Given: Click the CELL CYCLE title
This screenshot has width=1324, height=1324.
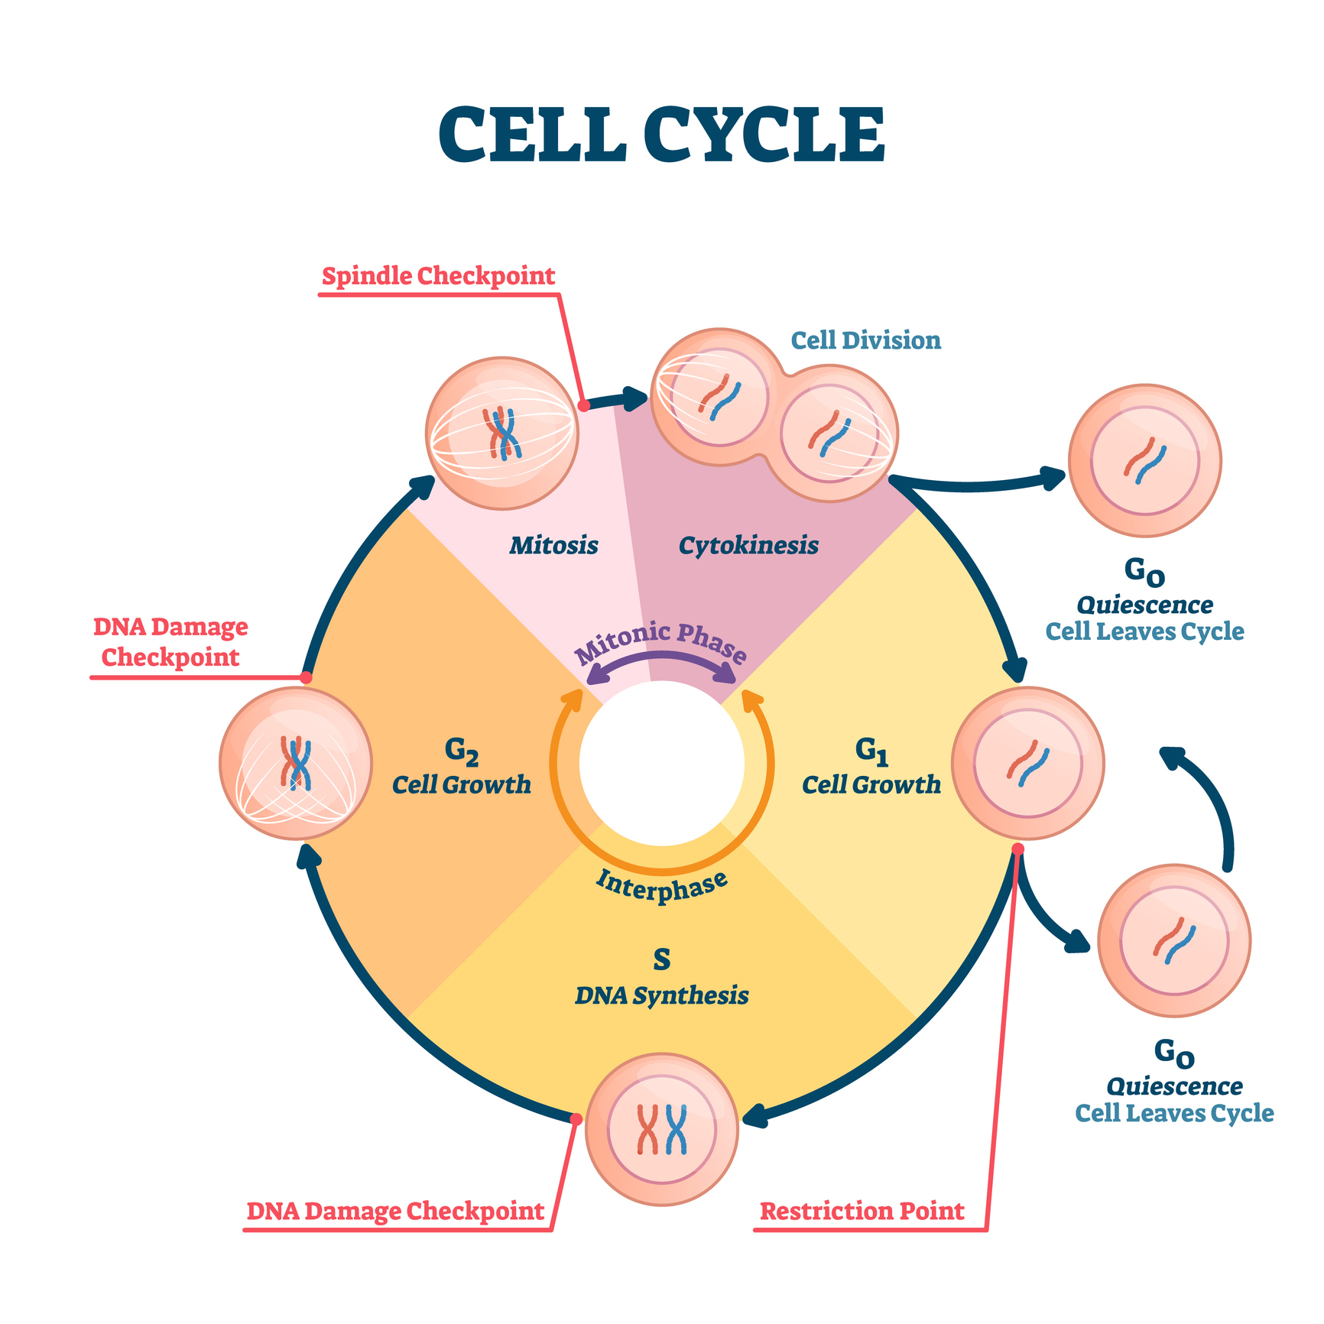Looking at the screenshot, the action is click(x=662, y=135).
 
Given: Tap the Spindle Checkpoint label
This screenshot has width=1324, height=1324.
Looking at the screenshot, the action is click(x=438, y=276).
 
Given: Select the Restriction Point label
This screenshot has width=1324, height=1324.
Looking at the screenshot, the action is click(x=862, y=1211).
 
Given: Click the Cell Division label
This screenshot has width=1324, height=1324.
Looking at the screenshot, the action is click(x=865, y=340).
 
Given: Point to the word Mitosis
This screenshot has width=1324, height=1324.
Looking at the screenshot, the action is click(x=553, y=545).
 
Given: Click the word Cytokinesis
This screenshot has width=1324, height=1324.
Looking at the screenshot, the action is click(x=748, y=545).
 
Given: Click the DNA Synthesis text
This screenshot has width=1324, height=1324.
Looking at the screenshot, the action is click(x=662, y=995).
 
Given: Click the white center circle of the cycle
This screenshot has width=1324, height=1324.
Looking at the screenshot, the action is click(x=662, y=763).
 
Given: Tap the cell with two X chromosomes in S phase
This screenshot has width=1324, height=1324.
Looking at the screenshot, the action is click(x=662, y=1129).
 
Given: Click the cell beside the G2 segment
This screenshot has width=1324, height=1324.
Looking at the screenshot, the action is click(x=296, y=763).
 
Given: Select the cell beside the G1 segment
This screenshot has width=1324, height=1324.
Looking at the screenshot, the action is click(x=1028, y=763).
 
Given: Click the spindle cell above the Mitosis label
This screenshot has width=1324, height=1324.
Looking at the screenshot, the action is click(x=502, y=433).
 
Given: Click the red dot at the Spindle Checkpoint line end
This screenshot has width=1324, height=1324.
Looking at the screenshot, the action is click(x=583, y=405).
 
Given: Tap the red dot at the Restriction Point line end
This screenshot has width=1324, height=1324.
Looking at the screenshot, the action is click(x=1017, y=849).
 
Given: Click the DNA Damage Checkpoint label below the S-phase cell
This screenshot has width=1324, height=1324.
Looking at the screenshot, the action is click(x=395, y=1211).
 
